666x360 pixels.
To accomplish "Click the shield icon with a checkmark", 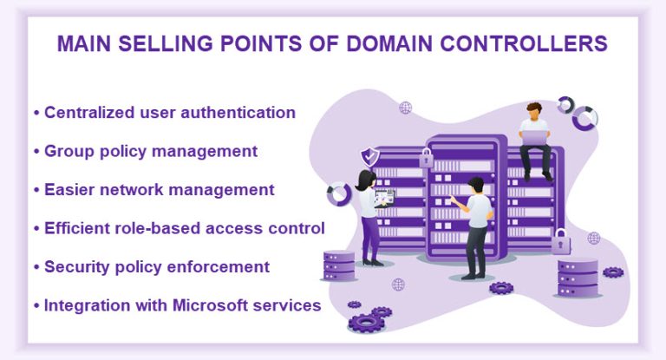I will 370,156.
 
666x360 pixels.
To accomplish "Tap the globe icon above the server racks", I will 404,108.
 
